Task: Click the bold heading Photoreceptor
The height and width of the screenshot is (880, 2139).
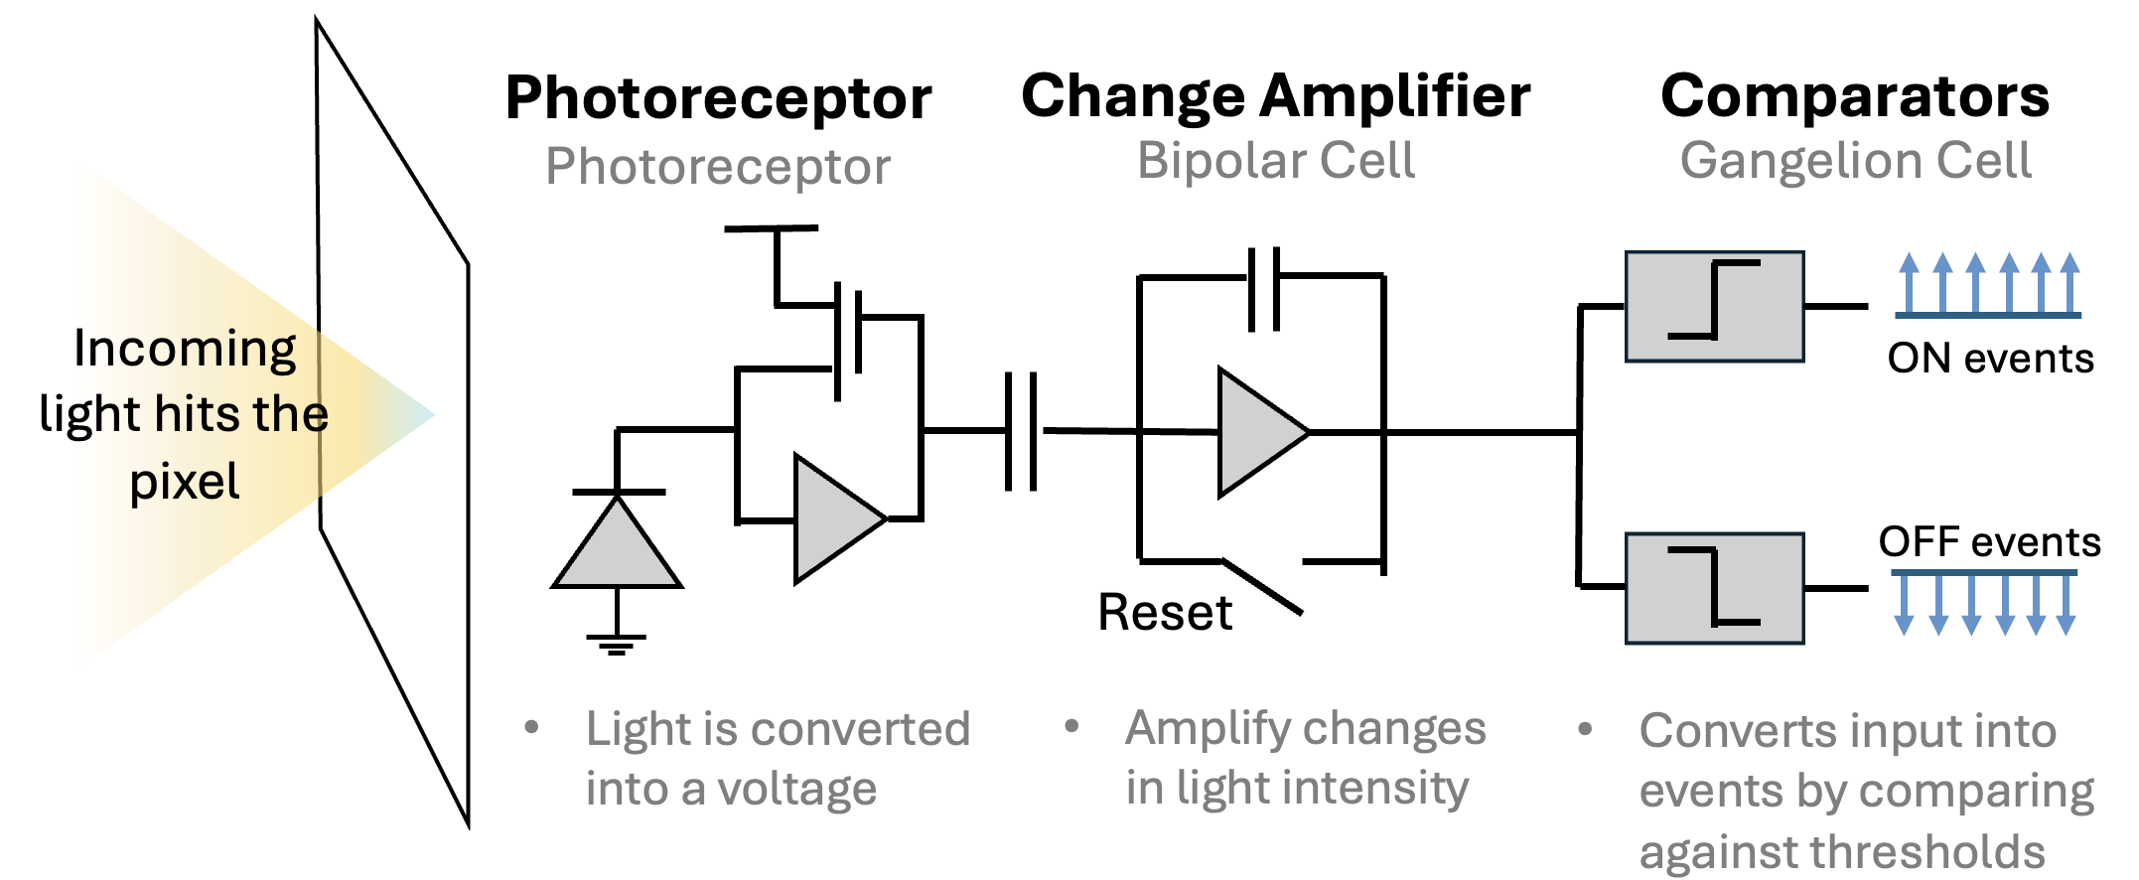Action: tap(718, 98)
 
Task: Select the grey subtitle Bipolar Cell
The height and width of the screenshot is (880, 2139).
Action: tap(1275, 161)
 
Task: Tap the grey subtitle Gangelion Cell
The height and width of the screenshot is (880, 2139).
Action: tap(1855, 161)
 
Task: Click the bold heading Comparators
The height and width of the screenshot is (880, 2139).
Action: tap(1855, 96)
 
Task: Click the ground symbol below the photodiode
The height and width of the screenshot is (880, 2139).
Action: tap(617, 644)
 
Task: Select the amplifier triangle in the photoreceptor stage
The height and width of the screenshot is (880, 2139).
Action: tap(834, 519)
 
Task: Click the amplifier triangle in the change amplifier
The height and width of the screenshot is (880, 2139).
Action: tap(1257, 432)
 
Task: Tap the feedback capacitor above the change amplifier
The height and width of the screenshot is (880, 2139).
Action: tap(1263, 288)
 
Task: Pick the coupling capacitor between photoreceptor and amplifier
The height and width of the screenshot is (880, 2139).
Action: tap(1021, 431)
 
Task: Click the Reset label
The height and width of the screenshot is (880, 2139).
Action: tap(1164, 612)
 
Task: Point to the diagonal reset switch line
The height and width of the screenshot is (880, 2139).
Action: tap(1262, 587)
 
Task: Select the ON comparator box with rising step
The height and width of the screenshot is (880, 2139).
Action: tap(1714, 306)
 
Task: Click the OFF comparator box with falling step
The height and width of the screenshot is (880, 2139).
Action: tap(1714, 588)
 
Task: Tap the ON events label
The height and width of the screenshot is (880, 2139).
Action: tap(1990, 359)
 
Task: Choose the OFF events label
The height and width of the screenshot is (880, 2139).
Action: tap(1989, 542)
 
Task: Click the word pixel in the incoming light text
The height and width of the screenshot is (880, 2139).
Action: tap(185, 482)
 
